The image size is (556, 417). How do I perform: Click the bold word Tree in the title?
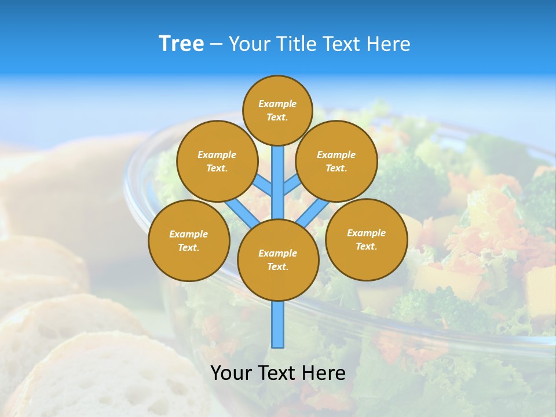tap(181, 43)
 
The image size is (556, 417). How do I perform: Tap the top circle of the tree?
tap(277, 110)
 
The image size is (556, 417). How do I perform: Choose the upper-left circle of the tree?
tap(217, 161)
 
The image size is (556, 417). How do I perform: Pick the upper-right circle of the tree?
tap(336, 161)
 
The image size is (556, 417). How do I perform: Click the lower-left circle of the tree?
tap(189, 240)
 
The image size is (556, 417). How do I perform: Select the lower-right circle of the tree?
tap(367, 239)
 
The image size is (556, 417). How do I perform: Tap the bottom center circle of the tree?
tap(278, 260)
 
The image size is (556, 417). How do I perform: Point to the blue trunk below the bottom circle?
tap(278, 324)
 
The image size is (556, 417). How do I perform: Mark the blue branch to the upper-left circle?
tap(264, 185)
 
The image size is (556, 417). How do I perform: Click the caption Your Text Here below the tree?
tap(278, 373)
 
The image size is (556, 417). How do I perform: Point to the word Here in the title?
tap(388, 43)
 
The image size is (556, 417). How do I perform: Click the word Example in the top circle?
tap(277, 104)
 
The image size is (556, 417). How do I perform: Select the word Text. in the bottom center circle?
tap(277, 267)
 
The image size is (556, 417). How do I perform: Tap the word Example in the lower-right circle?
tap(366, 233)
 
